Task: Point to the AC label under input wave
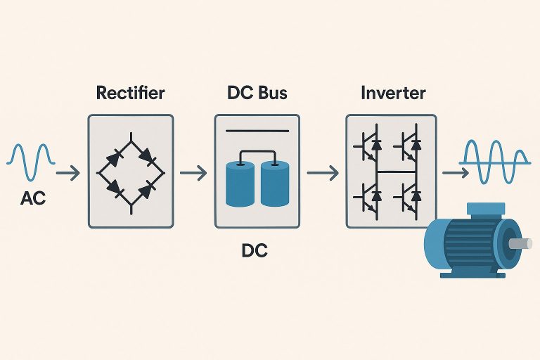(x=33, y=199)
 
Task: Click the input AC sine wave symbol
(x=31, y=162)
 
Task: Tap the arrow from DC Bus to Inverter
(x=323, y=171)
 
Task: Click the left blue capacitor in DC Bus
(x=240, y=185)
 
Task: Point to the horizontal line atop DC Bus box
(x=258, y=131)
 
